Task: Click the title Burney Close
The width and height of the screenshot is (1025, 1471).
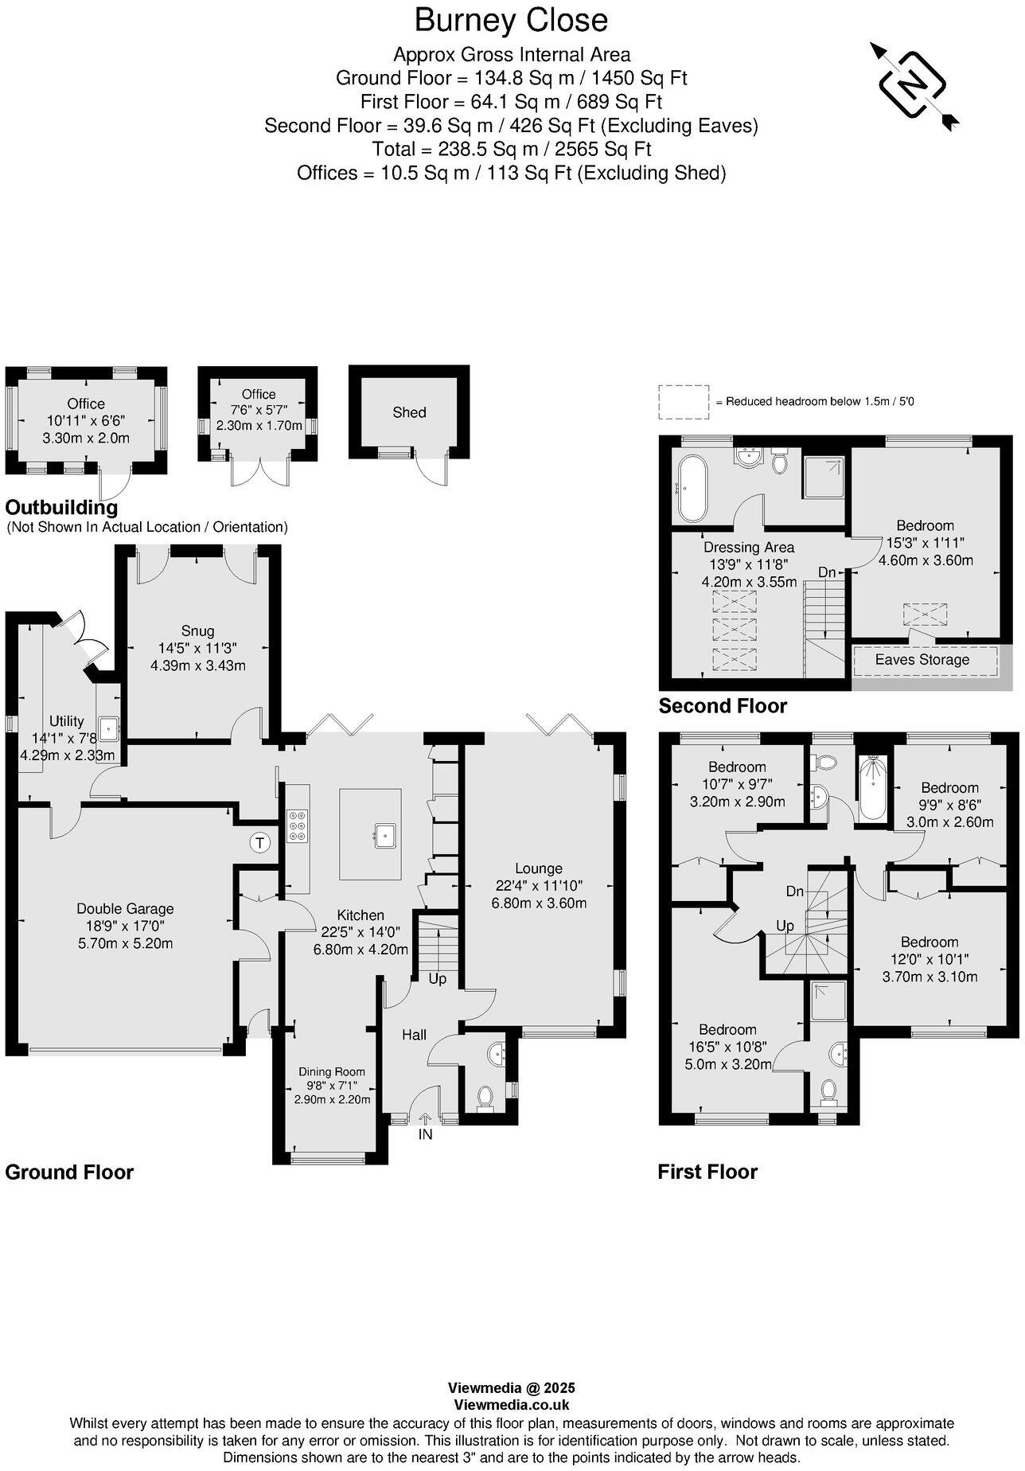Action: [511, 21]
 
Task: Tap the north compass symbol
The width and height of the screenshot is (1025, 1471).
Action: [912, 84]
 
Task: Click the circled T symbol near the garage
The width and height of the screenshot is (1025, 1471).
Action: [259, 842]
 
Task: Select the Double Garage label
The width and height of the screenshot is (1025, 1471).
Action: [125, 908]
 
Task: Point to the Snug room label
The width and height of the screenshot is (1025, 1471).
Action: [197, 631]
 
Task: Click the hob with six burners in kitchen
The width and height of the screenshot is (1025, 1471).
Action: [298, 825]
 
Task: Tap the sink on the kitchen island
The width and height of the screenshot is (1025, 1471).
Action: [385, 833]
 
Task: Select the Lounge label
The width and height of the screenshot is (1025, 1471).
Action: [538, 868]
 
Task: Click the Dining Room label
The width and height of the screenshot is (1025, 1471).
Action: [331, 1071]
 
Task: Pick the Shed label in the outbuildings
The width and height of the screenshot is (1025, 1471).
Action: [409, 412]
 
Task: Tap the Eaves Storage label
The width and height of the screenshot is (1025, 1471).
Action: [922, 659]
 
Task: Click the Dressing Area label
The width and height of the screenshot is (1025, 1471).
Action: [748, 547]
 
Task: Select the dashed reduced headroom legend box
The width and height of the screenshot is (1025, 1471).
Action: [683, 402]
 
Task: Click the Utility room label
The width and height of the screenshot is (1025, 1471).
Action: [66, 721]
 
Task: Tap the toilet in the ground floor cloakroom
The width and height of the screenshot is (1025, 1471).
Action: [484, 1098]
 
